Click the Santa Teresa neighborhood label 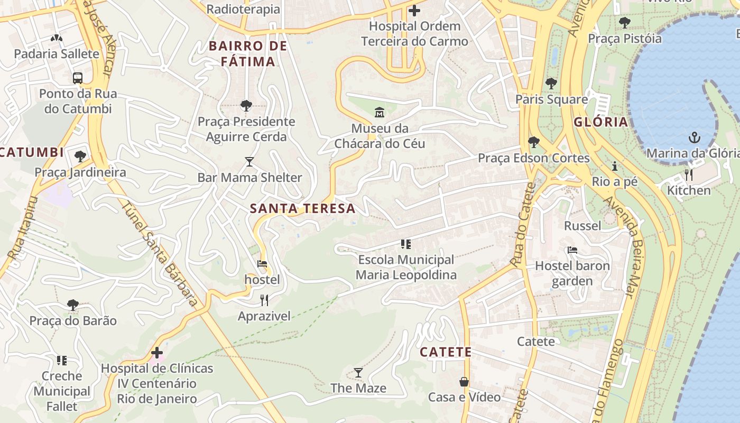pos(302,208)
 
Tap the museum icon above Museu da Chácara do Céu pos(379,112)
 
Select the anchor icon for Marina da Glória pos(693,138)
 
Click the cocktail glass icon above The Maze pos(358,373)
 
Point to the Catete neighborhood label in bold pos(445,352)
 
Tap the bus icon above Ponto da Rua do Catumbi pos(78,78)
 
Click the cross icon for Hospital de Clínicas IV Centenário pos(157,353)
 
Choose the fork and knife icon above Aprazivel pos(264,301)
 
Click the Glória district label pos(601,122)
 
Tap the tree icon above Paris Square pos(551,84)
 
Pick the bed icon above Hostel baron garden pos(572,250)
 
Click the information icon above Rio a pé pos(614,166)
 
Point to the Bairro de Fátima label pos(248,53)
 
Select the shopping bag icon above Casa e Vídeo pos(464,382)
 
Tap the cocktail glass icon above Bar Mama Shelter pos(249,161)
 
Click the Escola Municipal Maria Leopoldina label pos(406,267)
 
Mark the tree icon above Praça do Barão pos(73,305)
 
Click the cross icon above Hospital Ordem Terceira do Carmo pos(414,10)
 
